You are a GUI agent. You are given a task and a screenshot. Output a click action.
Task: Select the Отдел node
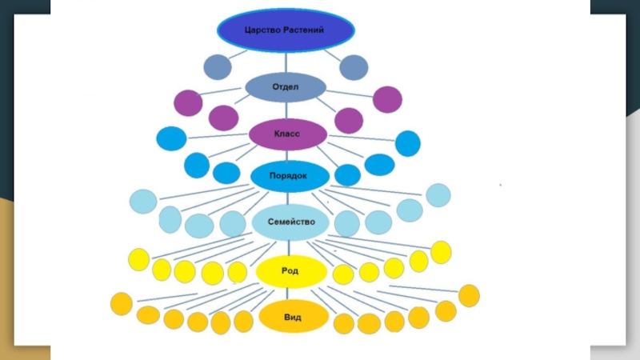[286, 86]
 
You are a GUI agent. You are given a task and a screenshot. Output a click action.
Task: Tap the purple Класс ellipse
[287, 134]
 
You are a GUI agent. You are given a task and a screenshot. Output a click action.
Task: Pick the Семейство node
[290, 222]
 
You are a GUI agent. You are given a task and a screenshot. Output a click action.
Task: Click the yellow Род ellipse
[290, 271]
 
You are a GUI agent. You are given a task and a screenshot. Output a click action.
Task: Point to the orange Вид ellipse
[292, 317]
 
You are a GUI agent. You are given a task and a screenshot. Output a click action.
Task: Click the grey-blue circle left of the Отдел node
[218, 67]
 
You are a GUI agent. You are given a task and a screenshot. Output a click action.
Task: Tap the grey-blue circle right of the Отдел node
[354, 67]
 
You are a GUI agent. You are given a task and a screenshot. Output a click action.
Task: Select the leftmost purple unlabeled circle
[189, 103]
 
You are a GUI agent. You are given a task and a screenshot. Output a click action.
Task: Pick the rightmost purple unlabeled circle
[387, 99]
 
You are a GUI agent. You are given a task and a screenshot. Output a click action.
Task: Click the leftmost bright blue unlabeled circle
[171, 138]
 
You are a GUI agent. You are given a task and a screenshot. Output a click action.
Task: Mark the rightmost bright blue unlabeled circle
[408, 143]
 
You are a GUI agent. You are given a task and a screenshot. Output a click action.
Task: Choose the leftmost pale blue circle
[143, 201]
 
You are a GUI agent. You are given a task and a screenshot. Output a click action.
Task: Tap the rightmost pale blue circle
[438, 195]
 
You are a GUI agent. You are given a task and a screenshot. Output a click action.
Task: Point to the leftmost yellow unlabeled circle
[138, 259]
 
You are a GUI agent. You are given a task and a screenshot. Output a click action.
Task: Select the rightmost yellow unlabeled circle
[441, 252]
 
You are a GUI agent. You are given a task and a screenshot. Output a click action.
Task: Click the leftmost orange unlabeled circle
[121, 304]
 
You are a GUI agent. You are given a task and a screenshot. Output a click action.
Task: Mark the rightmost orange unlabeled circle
[469, 295]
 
